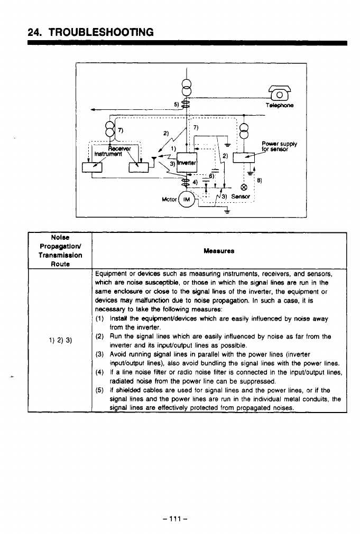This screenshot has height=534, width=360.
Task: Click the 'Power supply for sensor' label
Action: [x=279, y=144]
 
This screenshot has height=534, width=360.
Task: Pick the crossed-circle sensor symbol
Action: [x=244, y=188]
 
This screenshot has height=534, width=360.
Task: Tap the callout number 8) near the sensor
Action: [x=259, y=180]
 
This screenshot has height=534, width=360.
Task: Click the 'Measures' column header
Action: [x=218, y=251]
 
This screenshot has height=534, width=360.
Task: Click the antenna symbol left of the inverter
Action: [x=153, y=157]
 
